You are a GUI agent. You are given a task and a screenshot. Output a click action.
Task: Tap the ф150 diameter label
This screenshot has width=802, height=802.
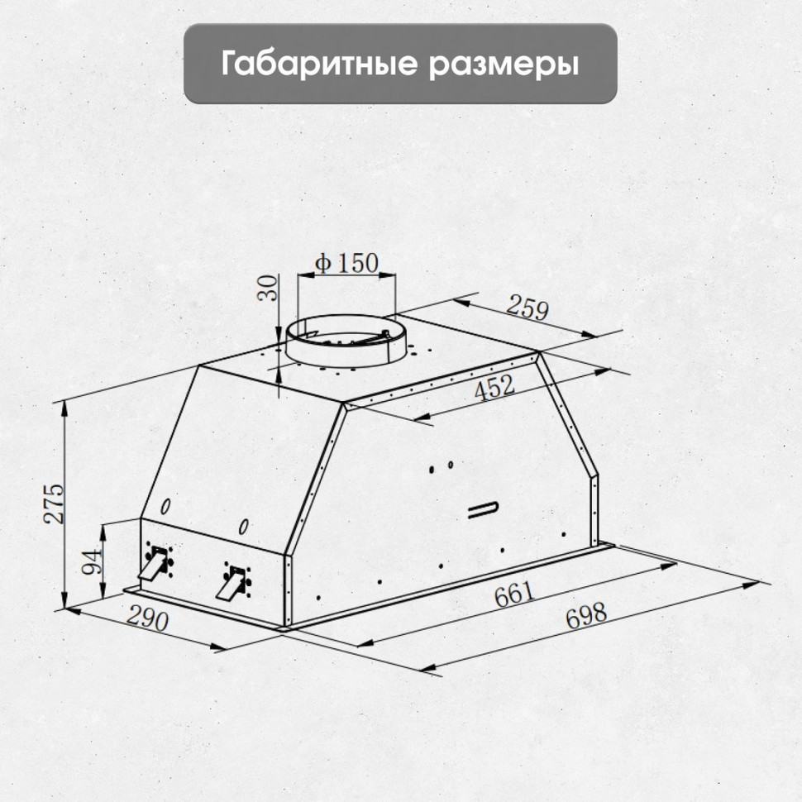point(346,264)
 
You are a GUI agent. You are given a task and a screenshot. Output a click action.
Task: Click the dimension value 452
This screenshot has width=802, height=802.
point(494,388)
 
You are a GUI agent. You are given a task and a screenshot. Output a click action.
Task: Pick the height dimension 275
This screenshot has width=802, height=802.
point(53,501)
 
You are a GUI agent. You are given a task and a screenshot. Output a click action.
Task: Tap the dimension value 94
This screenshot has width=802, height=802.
point(92,562)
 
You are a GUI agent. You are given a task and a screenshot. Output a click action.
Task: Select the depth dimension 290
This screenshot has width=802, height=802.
point(149,619)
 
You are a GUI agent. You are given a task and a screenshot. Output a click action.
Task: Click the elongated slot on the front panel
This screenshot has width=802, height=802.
point(483,509)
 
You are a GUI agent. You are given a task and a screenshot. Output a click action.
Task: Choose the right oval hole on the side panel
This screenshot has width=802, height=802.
point(244,526)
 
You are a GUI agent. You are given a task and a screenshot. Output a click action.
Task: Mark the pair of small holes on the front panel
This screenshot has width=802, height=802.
point(441,467)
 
